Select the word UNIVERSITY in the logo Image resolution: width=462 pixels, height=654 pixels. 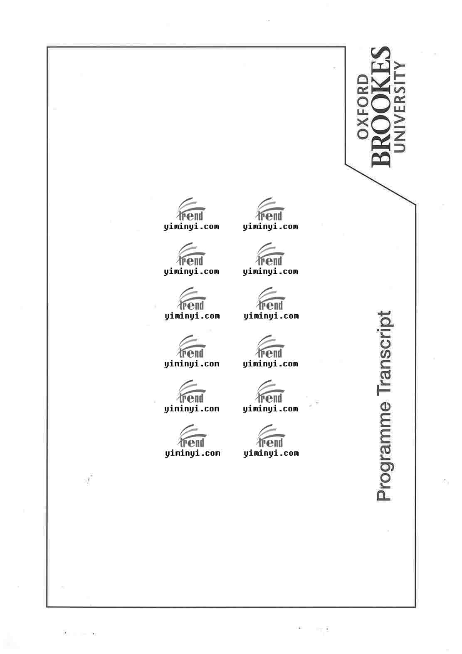[x=400, y=107]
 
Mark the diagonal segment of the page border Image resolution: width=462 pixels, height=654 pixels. [x=380, y=184]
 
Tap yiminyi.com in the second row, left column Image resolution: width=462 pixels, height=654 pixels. [x=192, y=272]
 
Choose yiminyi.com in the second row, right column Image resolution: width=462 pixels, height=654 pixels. [x=271, y=272]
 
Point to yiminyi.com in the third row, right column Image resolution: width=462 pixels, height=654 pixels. [x=271, y=316]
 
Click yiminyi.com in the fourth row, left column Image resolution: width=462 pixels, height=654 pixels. [x=192, y=364]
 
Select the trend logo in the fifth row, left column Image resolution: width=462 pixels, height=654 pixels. [x=191, y=391]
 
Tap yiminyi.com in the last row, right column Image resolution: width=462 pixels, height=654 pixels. [x=271, y=453]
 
